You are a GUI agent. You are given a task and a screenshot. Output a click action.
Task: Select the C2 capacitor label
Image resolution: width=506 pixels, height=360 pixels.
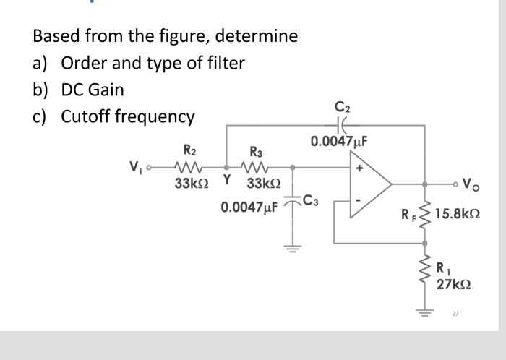(x=342, y=108)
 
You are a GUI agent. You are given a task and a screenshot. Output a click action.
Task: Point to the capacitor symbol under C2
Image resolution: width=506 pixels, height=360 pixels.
(x=342, y=124)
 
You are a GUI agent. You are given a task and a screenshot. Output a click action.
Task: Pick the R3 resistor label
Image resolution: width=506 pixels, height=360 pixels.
(x=257, y=153)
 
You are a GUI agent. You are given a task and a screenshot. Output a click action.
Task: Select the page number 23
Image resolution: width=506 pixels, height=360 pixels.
(x=455, y=313)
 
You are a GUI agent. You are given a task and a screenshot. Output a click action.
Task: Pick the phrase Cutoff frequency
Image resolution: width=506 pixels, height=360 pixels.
(x=127, y=116)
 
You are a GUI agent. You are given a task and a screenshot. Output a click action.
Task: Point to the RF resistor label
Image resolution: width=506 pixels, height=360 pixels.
(x=408, y=214)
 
